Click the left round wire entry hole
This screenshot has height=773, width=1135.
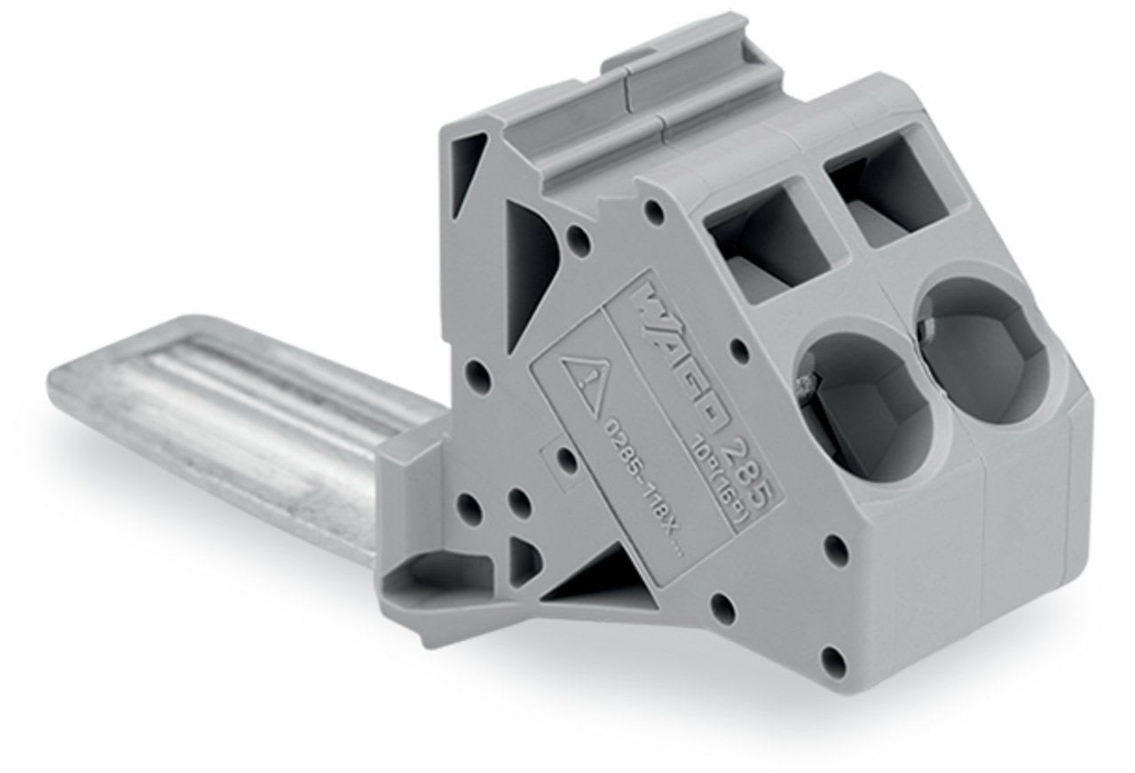coord(856,399)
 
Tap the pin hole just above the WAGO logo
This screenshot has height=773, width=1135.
coord(655,210)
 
